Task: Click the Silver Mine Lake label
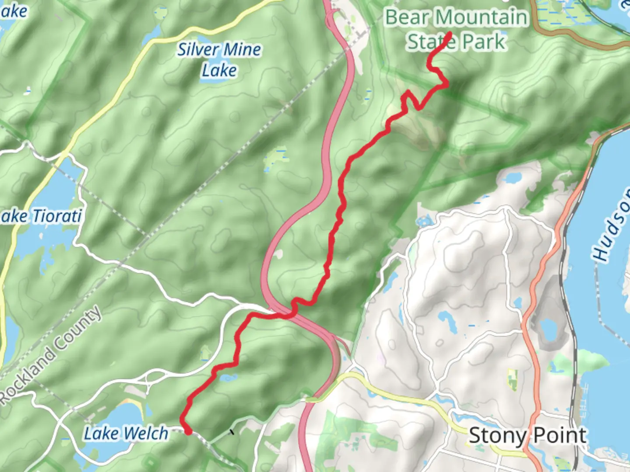point(219,60)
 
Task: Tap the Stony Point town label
point(528,436)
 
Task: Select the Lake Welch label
point(126,434)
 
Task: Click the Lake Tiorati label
point(42,216)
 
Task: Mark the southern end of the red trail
point(189,432)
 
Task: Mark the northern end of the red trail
point(450,34)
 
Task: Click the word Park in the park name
point(483,42)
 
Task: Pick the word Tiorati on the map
point(57,216)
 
